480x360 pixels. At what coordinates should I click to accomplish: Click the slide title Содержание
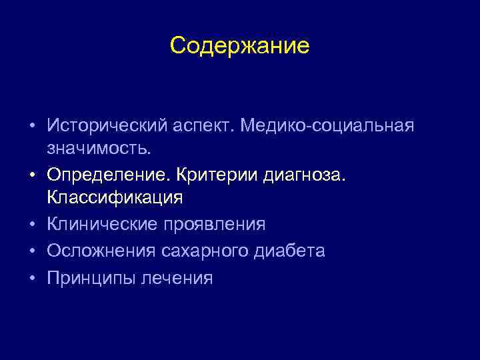239,46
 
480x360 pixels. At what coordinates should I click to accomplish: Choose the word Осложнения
101,251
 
